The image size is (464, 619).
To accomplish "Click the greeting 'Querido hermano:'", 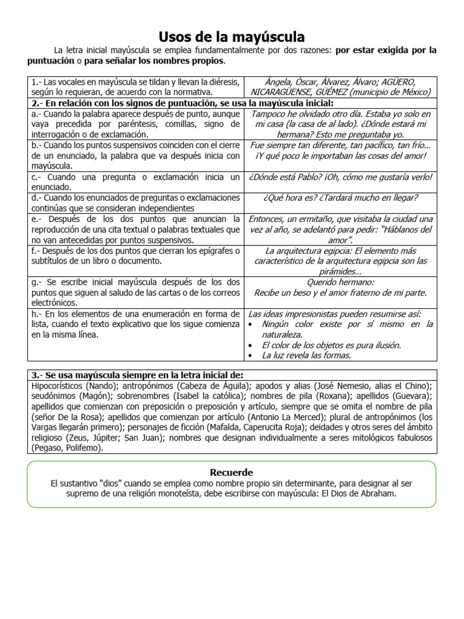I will click(341, 282).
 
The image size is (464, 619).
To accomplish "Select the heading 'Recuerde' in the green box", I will click(231, 472).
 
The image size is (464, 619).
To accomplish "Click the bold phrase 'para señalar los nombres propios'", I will click(153, 61).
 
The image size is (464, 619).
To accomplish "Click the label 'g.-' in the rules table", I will click(36, 282).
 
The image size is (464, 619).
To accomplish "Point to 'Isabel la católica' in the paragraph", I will click(204, 396).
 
